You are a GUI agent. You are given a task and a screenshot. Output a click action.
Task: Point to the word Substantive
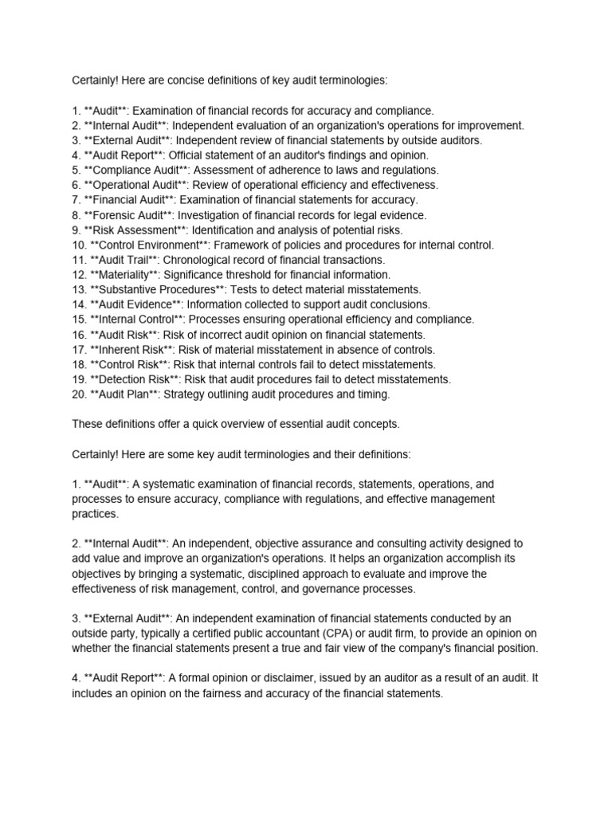click(x=134, y=289)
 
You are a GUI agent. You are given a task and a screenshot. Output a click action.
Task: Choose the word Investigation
click(x=214, y=215)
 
